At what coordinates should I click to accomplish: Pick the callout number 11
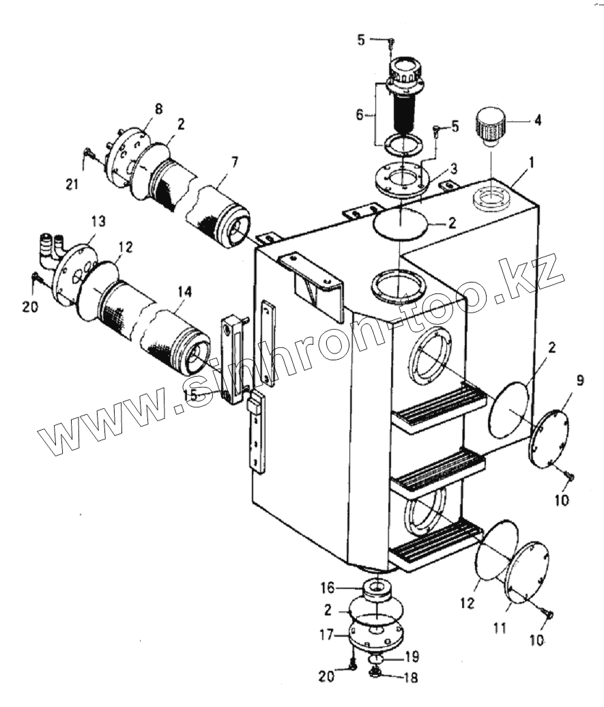(500, 627)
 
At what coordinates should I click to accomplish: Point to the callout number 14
(184, 291)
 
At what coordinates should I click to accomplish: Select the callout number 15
(190, 395)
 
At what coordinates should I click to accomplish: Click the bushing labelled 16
(375, 588)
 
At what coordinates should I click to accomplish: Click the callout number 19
(412, 657)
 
